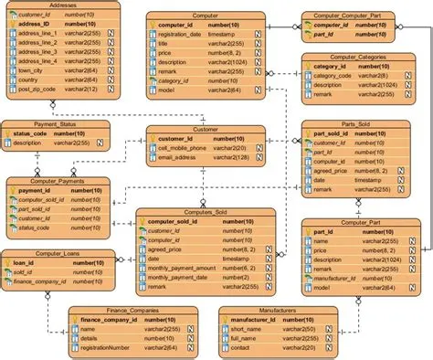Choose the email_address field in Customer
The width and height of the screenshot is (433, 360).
coord(180,159)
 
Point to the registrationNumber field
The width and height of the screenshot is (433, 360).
coord(109,347)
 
